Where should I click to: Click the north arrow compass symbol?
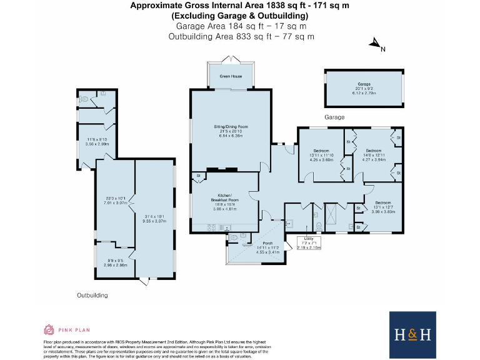(x=376, y=44)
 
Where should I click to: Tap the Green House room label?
(x=230, y=76)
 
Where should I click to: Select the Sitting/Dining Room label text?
(x=231, y=131)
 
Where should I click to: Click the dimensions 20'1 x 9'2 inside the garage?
(x=364, y=90)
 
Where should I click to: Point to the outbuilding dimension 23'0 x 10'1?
(x=116, y=201)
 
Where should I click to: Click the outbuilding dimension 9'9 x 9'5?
(x=116, y=262)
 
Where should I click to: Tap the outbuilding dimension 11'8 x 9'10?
(x=97, y=141)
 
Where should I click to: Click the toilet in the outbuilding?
(x=82, y=99)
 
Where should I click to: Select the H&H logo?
(x=412, y=334)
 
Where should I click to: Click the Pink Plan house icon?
(x=49, y=329)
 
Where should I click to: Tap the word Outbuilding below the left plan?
(x=92, y=294)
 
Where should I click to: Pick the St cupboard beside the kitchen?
(x=198, y=176)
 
